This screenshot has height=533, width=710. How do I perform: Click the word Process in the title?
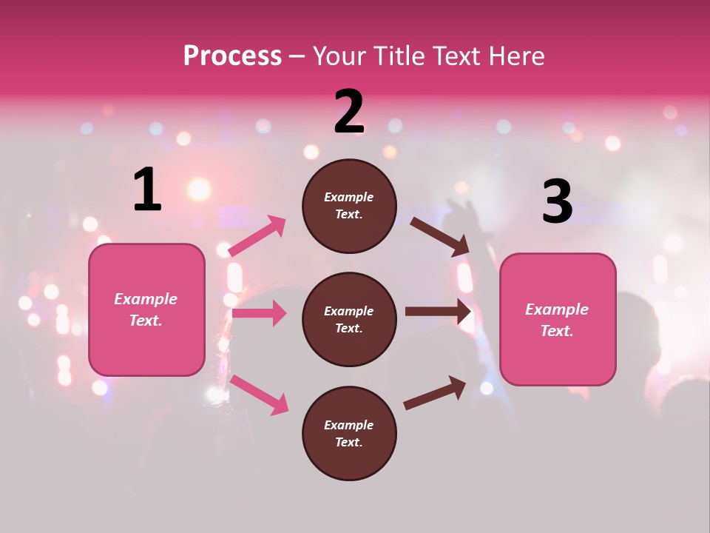pyautogui.click(x=232, y=56)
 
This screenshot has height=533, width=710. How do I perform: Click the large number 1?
pyautogui.click(x=147, y=190)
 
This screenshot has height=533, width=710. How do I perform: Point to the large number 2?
pyautogui.click(x=349, y=112)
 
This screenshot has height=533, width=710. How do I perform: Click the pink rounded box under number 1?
pyautogui.click(x=146, y=309)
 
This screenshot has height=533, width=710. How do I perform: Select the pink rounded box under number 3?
pyautogui.click(x=558, y=319)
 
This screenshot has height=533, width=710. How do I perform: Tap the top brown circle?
pyautogui.click(x=349, y=206)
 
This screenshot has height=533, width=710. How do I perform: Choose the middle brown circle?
pyautogui.click(x=349, y=319)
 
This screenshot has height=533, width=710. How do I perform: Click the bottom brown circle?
pyautogui.click(x=349, y=433)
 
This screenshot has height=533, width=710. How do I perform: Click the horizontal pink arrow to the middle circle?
pyautogui.click(x=259, y=313)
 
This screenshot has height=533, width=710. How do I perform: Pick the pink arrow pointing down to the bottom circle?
pyautogui.click(x=259, y=395)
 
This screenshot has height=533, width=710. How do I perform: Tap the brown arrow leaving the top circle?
pyautogui.click(x=440, y=237)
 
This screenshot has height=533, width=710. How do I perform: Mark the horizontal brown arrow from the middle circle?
pyautogui.click(x=438, y=312)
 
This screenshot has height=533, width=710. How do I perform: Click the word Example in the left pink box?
pyautogui.click(x=146, y=299)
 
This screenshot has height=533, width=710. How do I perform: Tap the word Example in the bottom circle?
pyautogui.click(x=349, y=425)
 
